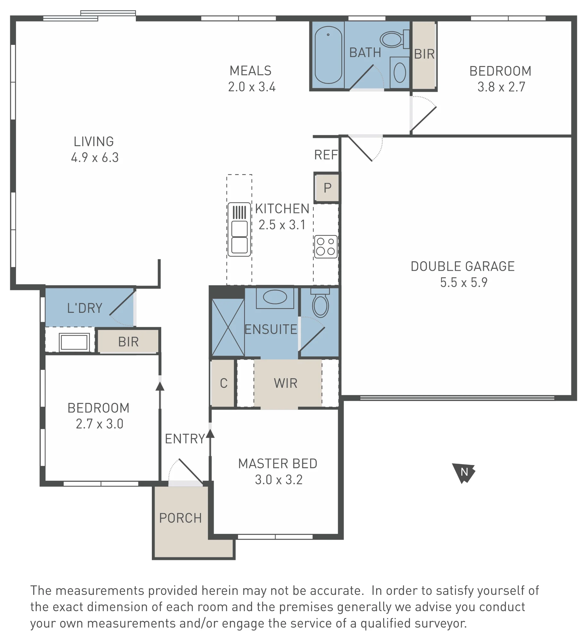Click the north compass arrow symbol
coord(463,472)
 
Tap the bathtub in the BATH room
coord(328,55)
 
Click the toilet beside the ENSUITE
coord(320,303)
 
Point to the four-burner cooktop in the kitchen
coord(325,246)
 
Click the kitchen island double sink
coord(239,229)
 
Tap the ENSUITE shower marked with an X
coord(228,327)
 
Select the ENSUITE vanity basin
coord(275,297)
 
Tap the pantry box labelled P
coord(327,188)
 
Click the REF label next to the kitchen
coord(326,155)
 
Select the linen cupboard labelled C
coord(223,383)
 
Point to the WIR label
coord(285,383)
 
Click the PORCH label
coord(180,518)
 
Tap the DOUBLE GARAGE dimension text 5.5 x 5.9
coord(464,282)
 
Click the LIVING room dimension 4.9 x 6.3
coord(95,157)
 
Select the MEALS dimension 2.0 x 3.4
coord(252,87)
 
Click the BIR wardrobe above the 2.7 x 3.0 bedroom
coord(128,342)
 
